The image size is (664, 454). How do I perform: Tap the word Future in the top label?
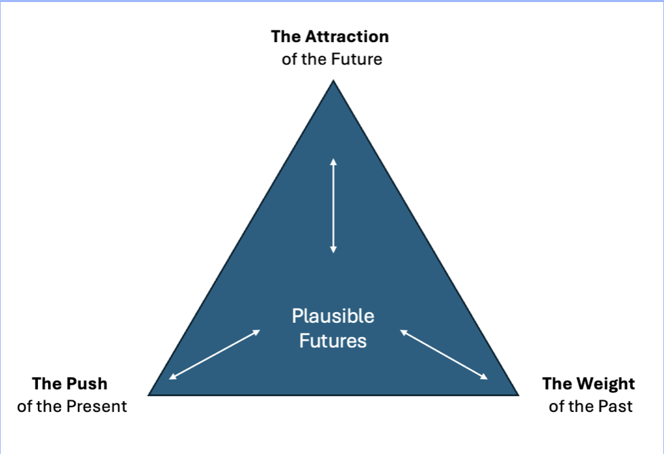tap(356, 59)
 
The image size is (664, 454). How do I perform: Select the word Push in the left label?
tap(86, 384)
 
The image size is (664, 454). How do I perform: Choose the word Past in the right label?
tap(616, 406)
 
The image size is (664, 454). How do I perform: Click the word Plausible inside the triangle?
tap(333, 317)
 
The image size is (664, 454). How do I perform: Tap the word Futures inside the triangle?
tap(333, 340)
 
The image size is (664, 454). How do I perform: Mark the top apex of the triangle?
tap(333, 81)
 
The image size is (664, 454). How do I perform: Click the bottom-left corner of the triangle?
tap(149, 394)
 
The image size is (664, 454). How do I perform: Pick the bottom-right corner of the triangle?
tap(518, 394)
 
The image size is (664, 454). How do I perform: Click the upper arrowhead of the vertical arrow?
tap(333, 160)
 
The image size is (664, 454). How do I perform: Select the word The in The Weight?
tap(556, 384)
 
